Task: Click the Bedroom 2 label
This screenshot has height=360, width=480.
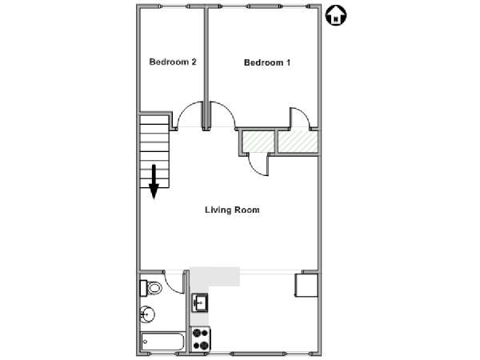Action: [x=173, y=62]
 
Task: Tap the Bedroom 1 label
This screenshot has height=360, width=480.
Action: [x=267, y=62]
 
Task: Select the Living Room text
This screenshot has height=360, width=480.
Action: [x=232, y=210]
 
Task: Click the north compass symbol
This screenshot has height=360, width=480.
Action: [x=336, y=16]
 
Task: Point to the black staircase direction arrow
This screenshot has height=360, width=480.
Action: [x=154, y=182]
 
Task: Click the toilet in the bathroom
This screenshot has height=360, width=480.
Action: [x=151, y=288]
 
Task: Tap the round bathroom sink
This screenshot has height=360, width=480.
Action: [x=147, y=314]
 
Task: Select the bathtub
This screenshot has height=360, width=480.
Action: [x=162, y=342]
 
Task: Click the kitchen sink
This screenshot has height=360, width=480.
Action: [x=199, y=302]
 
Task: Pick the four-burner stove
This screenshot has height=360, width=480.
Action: [x=201, y=339]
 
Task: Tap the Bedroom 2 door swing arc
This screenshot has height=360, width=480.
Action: [x=189, y=114]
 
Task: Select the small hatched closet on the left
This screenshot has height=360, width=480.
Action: [x=258, y=142]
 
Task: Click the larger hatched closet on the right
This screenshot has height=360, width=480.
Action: [x=298, y=141]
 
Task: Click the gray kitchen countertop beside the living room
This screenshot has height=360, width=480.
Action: [x=214, y=277]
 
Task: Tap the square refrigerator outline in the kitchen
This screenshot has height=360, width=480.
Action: [x=306, y=286]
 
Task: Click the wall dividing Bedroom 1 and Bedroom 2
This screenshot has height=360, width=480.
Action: [x=206, y=68]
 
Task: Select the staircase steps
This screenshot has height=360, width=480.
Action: [x=154, y=151]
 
